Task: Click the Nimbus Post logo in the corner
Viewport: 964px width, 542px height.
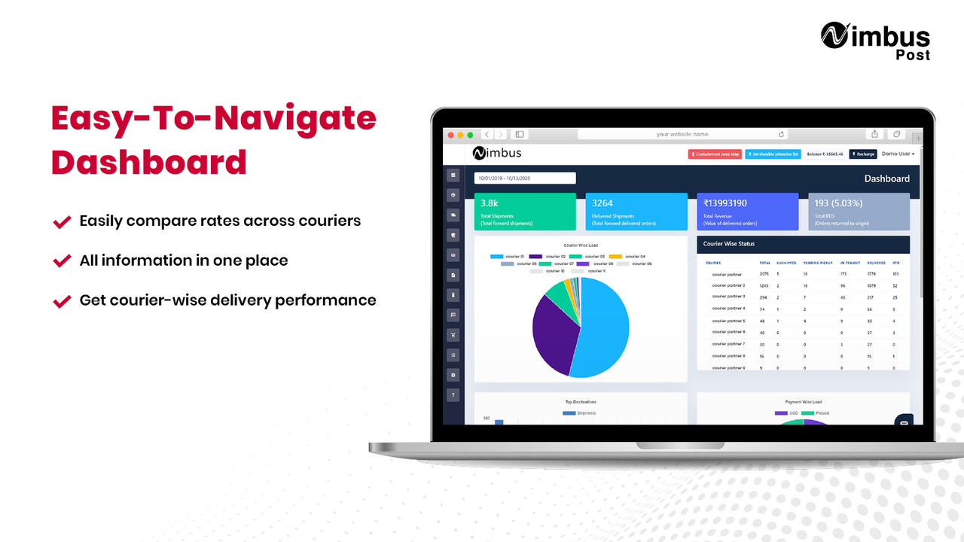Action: pyautogui.click(x=874, y=41)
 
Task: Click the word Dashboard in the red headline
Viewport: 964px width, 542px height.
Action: pyautogui.click(x=149, y=162)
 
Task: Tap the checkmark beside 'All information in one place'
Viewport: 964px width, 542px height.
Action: pyautogui.click(x=62, y=261)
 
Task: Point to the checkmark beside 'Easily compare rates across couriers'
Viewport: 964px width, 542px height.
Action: pyautogui.click(x=62, y=222)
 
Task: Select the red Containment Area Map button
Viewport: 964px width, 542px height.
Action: pyautogui.click(x=715, y=154)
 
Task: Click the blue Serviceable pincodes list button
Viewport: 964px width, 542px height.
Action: pyautogui.click(x=773, y=154)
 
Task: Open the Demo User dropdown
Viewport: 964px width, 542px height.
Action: pyautogui.click(x=898, y=154)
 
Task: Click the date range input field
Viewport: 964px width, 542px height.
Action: pyautogui.click(x=525, y=178)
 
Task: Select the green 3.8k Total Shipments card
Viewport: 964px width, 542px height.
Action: pyautogui.click(x=525, y=212)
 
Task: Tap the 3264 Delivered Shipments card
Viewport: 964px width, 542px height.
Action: pyautogui.click(x=636, y=212)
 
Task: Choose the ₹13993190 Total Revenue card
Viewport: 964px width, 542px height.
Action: pyautogui.click(x=747, y=212)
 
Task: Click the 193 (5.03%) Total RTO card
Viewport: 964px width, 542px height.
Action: pyautogui.click(x=859, y=212)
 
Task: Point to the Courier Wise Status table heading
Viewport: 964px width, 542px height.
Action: pyautogui.click(x=729, y=244)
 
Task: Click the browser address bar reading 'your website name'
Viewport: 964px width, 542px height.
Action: pyautogui.click(x=682, y=134)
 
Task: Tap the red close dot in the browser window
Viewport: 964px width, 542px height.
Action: pyautogui.click(x=452, y=135)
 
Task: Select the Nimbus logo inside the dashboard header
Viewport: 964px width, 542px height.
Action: pyautogui.click(x=497, y=154)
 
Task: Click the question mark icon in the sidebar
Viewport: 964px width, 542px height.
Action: pyautogui.click(x=453, y=394)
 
